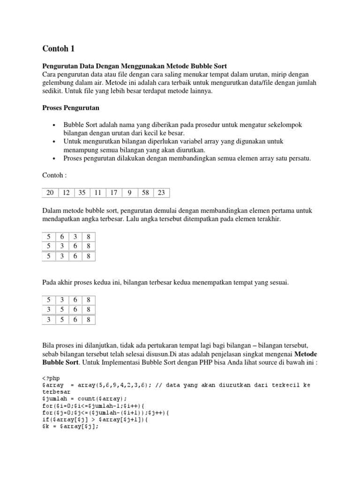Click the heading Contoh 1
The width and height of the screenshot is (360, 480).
(59, 48)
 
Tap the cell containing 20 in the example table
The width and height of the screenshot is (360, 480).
(51, 192)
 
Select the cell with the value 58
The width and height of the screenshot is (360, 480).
(145, 192)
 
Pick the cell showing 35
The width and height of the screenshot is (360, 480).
(82, 192)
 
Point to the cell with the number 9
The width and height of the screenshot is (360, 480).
(129, 192)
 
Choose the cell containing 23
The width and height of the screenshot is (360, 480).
(161, 192)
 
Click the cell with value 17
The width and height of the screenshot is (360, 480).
(113, 192)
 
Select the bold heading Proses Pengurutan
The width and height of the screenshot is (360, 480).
(71, 108)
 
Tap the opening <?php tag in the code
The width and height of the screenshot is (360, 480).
(51, 377)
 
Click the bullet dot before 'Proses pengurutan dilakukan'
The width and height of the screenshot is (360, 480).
(54, 158)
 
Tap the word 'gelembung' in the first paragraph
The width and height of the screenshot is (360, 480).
(59, 83)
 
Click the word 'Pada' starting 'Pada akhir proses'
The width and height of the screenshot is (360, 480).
(50, 283)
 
